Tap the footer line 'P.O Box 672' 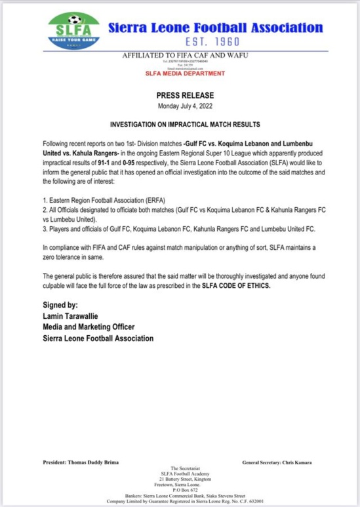click(180, 490)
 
